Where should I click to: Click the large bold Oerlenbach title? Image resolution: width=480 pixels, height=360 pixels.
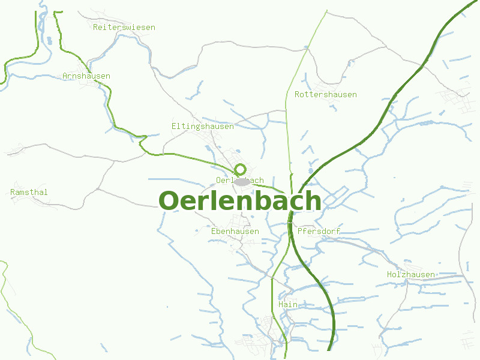pos(240,201)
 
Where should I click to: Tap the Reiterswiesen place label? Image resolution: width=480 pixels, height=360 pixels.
pos(124,27)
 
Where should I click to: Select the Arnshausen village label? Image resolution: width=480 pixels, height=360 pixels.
pos(86,76)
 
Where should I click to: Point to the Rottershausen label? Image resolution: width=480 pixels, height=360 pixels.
pos(326,94)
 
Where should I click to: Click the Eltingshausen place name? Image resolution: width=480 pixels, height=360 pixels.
pos(203,126)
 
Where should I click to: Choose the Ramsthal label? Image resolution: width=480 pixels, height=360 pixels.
pos(29,192)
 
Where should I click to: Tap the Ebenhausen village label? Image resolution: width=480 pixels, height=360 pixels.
pos(235,231)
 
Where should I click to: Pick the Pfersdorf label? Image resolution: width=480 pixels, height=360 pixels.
pos(319,231)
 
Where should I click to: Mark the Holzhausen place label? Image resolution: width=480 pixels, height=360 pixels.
pos(411,274)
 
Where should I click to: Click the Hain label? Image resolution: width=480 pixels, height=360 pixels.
pos(288,304)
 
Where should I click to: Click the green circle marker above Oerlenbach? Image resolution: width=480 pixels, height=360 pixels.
pos(240,169)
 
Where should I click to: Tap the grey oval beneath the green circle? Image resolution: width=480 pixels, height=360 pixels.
pos(241,181)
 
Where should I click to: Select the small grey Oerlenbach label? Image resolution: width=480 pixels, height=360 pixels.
pos(239,180)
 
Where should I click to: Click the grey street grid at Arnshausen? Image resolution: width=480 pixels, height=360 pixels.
pos(96,84)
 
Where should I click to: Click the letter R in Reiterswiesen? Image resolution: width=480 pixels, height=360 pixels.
pos(96,27)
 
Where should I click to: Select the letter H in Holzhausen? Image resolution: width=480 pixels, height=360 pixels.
pos(389,274)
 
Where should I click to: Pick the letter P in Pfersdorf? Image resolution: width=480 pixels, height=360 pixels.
pos(299,231)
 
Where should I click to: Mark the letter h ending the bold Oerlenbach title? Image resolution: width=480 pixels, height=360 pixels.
pos(313,201)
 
